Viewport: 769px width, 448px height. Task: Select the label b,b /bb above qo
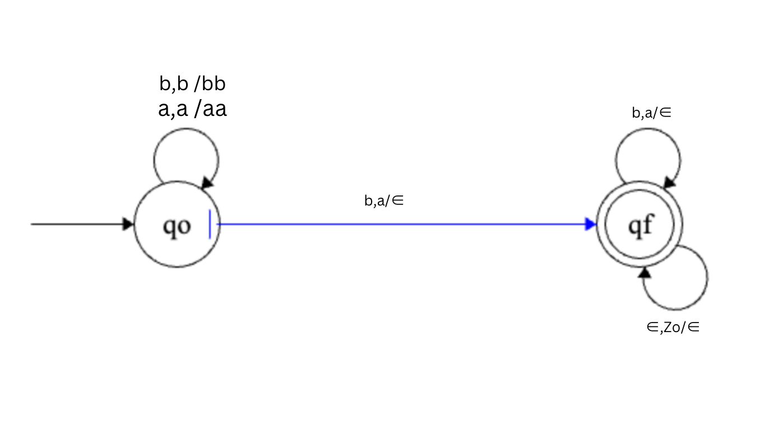(x=192, y=83)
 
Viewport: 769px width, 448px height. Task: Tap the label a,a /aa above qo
(x=192, y=109)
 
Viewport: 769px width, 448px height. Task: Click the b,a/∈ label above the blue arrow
(x=384, y=200)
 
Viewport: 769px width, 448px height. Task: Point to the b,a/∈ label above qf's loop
(x=651, y=113)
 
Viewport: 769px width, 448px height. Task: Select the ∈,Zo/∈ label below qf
(x=673, y=327)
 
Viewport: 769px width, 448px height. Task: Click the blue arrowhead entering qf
(x=591, y=225)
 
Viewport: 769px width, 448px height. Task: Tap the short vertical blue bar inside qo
(x=210, y=224)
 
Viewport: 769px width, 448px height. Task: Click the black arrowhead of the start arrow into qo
(x=128, y=225)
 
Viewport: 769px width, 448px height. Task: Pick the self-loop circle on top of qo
(x=186, y=129)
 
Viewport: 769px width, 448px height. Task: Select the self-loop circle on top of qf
(x=648, y=129)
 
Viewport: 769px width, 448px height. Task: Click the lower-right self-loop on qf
(x=707, y=278)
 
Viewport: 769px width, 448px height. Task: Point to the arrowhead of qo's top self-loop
(x=207, y=183)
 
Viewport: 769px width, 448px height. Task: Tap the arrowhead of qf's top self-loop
(x=669, y=183)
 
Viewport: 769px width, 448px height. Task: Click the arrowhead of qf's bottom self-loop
(x=645, y=273)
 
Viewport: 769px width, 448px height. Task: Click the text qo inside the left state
(x=177, y=226)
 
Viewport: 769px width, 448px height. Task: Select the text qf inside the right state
(x=641, y=225)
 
